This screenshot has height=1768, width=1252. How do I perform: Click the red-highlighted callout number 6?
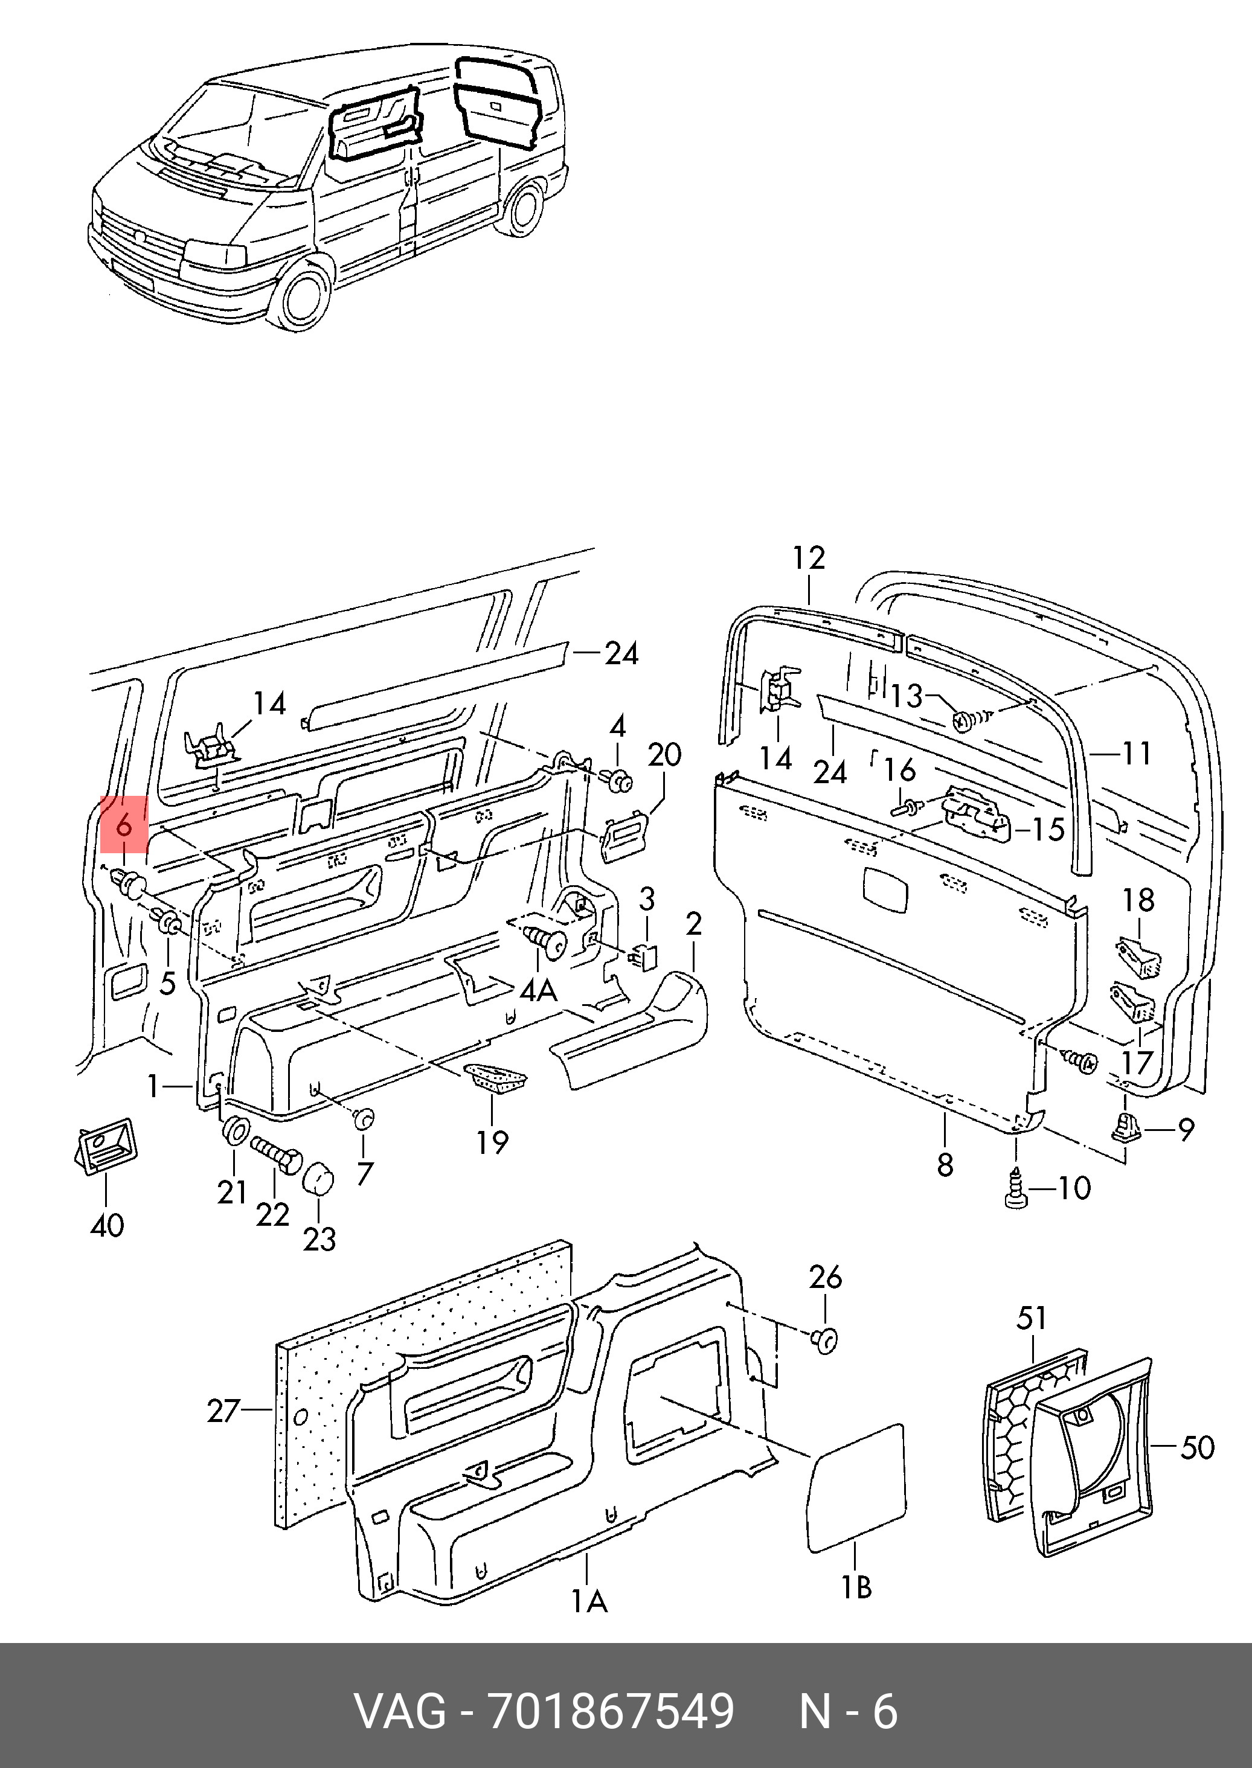[x=123, y=825]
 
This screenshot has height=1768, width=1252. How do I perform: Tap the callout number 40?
[x=107, y=1225]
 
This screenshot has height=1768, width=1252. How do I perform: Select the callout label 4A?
[x=538, y=990]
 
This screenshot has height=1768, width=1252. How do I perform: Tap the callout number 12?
[x=809, y=558]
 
